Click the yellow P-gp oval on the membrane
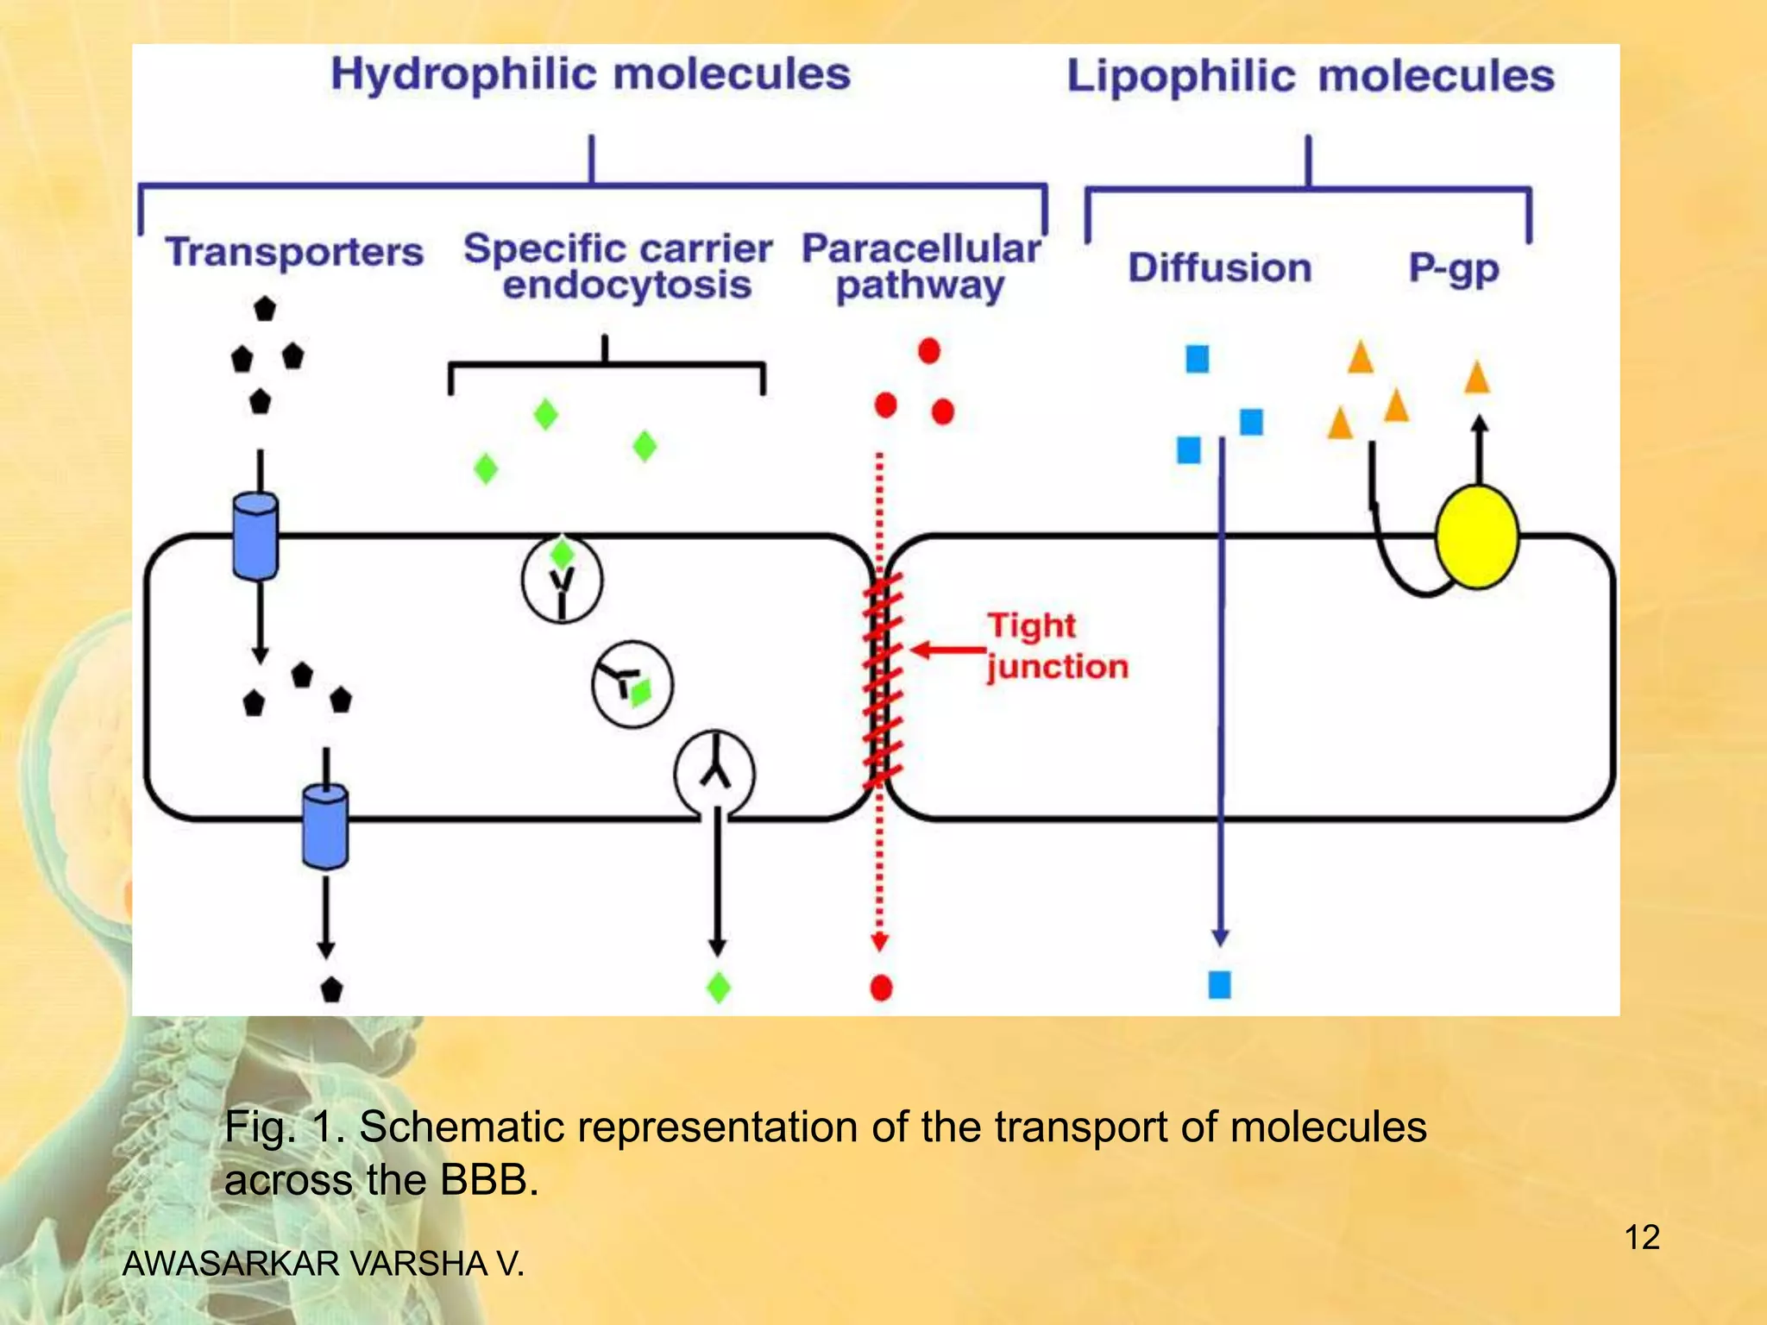click(1476, 537)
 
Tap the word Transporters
click(294, 252)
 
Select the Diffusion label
click(1219, 267)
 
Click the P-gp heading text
click(1454, 268)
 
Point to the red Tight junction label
click(1057, 645)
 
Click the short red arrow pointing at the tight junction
click(948, 650)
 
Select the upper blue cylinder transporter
click(255, 536)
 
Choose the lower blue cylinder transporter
click(325, 826)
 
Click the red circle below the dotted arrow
click(881, 987)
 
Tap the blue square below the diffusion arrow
click(1219, 984)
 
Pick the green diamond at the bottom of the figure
click(718, 987)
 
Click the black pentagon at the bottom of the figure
click(331, 989)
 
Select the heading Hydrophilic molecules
click(590, 74)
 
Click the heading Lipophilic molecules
click(1310, 76)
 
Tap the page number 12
click(1641, 1237)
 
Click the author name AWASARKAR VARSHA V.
click(324, 1263)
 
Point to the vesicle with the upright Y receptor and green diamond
click(562, 579)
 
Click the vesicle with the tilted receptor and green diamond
click(632, 685)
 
